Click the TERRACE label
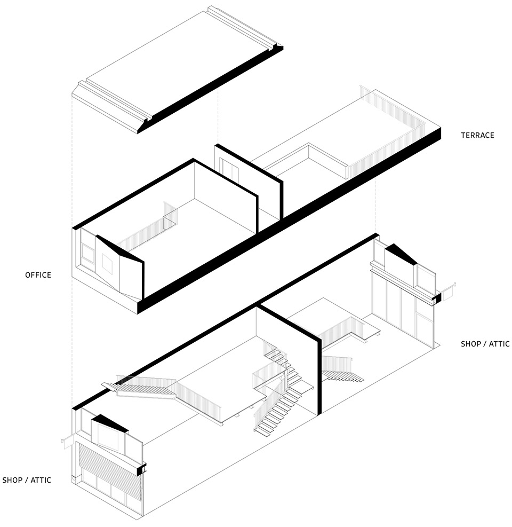477,135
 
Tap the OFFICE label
38,275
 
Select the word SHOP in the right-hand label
471,344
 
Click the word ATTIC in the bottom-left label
41,480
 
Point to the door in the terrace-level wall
229,169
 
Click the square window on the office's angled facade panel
107,264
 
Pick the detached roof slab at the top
178,69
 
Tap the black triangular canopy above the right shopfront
401,253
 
